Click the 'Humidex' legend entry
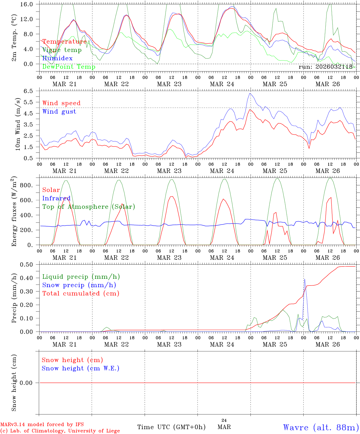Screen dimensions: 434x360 [x=57, y=58]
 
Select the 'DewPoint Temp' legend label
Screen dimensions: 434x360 [x=69, y=67]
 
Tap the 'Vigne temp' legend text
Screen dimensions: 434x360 [x=62, y=50]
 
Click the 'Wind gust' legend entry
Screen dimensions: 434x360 [x=59, y=112]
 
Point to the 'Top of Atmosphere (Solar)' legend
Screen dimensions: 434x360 [x=89, y=207]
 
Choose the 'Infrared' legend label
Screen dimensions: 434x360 [x=56, y=198]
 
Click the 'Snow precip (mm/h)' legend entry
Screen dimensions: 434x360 [x=79, y=285]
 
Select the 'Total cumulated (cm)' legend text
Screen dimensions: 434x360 [x=81, y=294]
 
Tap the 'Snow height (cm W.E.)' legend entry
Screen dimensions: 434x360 [x=81, y=368]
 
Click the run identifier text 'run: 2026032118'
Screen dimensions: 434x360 [x=325, y=67]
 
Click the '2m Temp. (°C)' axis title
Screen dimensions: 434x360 [x=14, y=38]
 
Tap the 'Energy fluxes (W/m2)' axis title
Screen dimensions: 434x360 [x=14, y=212]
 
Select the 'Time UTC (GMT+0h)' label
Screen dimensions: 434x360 [x=172, y=427]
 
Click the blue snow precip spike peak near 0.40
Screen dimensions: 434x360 [x=305, y=279]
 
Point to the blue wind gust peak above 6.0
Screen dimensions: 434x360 [x=250, y=93]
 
